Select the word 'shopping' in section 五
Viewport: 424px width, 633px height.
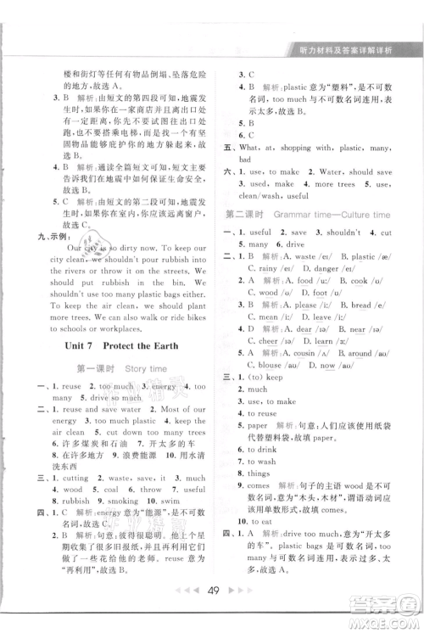[x=304, y=147]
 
